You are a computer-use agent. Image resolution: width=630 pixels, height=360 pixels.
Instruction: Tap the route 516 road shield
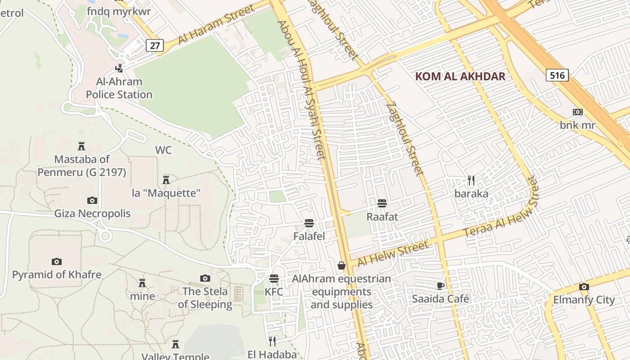click(557, 75)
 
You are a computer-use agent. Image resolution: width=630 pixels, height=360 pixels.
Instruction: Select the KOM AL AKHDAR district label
click(460, 76)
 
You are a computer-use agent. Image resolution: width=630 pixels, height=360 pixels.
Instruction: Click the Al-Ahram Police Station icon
click(119, 68)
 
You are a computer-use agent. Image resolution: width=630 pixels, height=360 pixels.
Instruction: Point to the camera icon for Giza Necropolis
click(92, 200)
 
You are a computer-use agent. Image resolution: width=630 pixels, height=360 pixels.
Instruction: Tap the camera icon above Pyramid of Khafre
click(56, 261)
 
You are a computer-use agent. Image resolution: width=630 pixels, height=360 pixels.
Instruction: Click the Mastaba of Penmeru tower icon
click(81, 146)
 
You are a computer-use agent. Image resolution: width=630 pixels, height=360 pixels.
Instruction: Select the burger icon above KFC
click(274, 279)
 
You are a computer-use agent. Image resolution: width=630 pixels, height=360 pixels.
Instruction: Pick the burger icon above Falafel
click(309, 223)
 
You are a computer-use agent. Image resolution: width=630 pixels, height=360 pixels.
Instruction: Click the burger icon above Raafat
click(382, 203)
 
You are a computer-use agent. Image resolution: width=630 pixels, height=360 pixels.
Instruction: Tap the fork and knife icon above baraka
click(471, 180)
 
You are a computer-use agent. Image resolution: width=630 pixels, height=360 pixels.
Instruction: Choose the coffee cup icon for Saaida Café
click(441, 286)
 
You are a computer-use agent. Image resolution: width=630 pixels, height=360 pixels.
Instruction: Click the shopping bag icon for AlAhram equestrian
click(342, 265)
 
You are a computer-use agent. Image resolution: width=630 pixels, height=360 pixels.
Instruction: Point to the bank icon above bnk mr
click(577, 112)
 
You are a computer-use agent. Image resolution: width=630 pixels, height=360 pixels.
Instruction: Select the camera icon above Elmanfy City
click(584, 287)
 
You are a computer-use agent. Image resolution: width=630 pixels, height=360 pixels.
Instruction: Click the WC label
click(163, 150)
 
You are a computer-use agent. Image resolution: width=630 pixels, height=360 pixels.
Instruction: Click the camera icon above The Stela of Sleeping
click(205, 278)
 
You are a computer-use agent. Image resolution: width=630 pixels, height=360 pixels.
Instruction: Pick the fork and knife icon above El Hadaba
click(272, 341)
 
